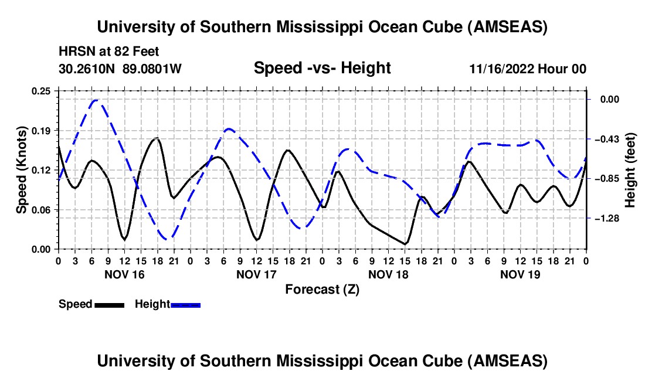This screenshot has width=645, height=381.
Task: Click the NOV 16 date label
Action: click(124, 274)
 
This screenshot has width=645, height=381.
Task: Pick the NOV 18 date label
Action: click(388, 274)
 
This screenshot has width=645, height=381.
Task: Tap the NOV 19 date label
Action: click(520, 274)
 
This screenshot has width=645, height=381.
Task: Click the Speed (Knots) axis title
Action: click(22, 170)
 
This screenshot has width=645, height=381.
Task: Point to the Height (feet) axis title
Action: click(630, 170)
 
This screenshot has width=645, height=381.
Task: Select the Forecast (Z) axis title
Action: click(322, 289)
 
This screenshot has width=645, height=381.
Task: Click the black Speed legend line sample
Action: click(110, 305)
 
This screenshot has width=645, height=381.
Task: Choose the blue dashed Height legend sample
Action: click(186, 305)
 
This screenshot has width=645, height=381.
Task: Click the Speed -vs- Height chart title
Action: click(322, 68)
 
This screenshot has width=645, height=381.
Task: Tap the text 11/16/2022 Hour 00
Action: click(528, 69)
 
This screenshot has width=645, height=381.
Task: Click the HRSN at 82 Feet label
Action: click(109, 52)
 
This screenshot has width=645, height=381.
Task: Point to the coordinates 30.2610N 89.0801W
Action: click(121, 69)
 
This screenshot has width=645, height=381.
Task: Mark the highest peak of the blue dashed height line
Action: click(96, 100)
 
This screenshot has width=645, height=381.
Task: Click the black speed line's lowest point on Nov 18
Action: click(405, 244)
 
